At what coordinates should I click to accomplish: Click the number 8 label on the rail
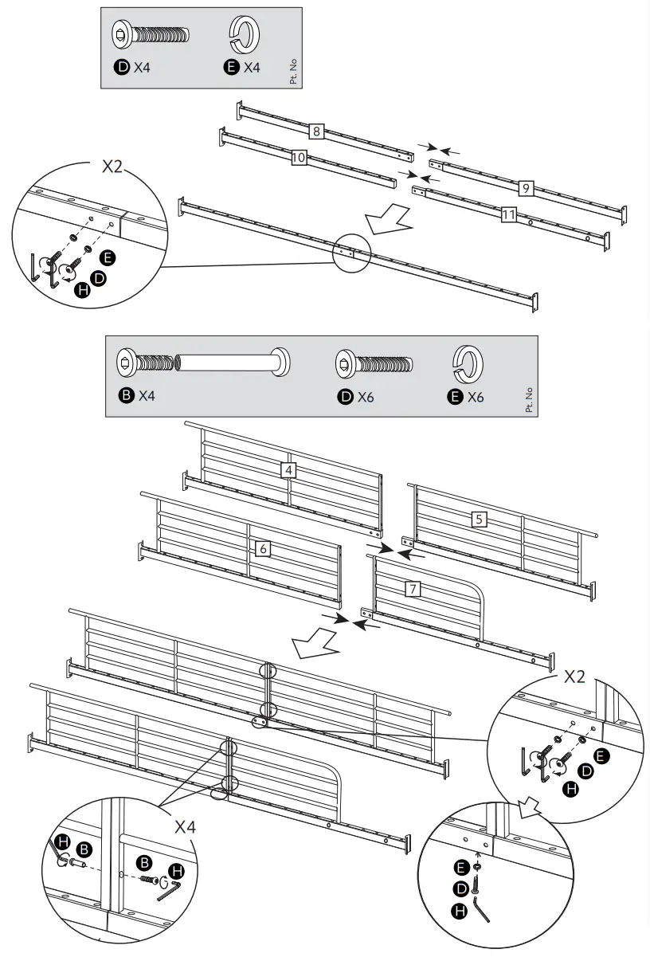316,131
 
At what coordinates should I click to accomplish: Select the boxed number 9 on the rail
525,188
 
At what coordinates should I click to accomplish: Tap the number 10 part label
299,158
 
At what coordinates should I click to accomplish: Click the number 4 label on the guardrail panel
289,470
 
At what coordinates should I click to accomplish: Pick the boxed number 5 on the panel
479,519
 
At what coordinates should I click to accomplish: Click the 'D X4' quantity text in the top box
133,69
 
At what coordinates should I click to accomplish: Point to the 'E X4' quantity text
243,69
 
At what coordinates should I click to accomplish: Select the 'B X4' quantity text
137,396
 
